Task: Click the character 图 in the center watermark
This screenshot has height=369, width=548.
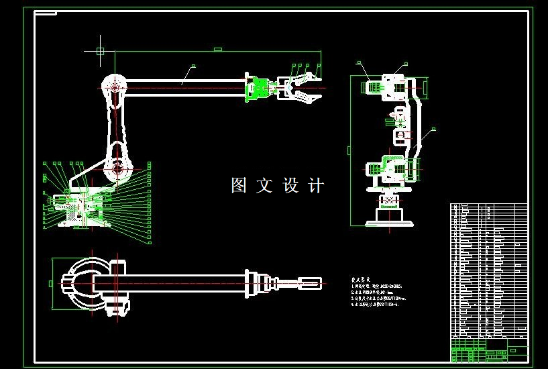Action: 239,185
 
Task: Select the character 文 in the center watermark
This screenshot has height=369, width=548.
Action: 265,185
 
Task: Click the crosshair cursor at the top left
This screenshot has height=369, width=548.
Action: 100,50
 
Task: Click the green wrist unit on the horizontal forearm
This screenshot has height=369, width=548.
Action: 256,89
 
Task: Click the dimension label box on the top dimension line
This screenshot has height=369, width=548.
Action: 217,49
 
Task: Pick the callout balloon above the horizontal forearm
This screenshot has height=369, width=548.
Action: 194,66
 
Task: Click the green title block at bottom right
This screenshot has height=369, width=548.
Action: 488,350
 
